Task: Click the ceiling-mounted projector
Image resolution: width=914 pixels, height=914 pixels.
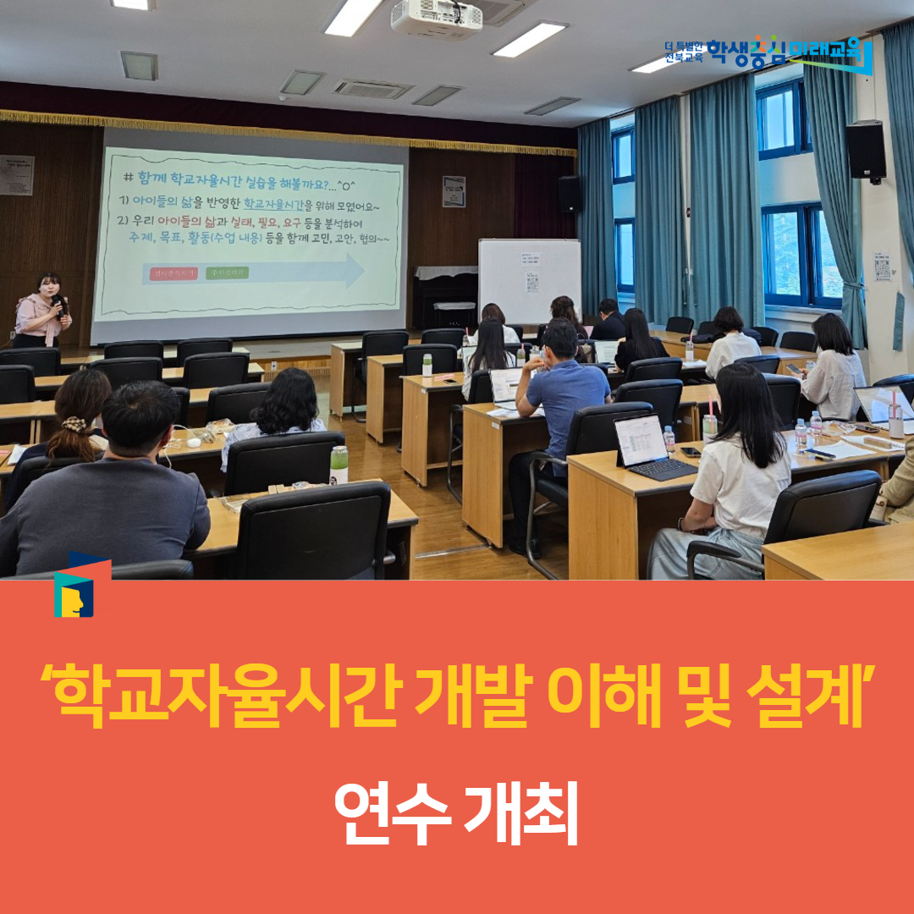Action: click(x=435, y=19)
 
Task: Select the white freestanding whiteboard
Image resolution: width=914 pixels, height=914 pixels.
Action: click(x=529, y=280)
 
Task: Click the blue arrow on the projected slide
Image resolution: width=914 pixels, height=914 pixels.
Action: click(x=254, y=273)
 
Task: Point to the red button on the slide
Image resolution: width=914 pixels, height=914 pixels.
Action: click(x=173, y=273)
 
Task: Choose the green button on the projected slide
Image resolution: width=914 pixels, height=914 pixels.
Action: click(x=228, y=273)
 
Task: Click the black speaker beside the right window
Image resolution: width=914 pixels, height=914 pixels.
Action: click(x=865, y=150)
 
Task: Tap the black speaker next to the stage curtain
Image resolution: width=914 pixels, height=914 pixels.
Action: click(x=569, y=194)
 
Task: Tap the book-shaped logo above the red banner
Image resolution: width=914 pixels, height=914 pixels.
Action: click(x=79, y=586)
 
